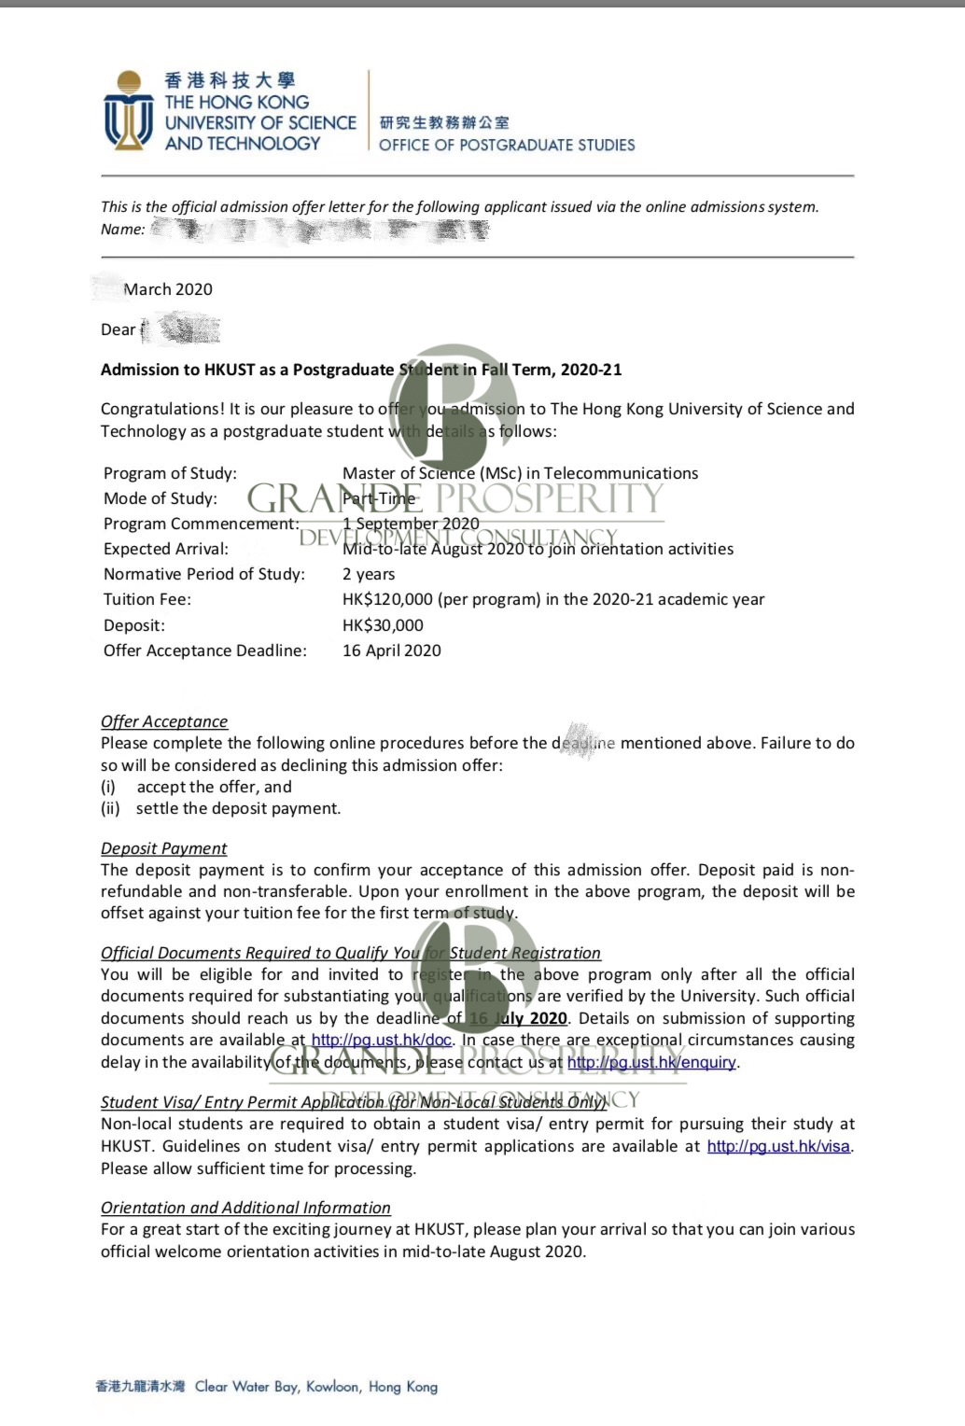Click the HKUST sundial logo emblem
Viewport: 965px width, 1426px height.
[x=129, y=110]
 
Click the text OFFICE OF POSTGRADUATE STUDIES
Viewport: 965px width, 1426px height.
[x=507, y=145]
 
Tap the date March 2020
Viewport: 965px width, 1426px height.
[x=168, y=289]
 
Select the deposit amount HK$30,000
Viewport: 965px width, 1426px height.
[x=383, y=625]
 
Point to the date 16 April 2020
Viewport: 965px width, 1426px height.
[x=392, y=650]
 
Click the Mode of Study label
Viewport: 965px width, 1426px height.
[x=161, y=498]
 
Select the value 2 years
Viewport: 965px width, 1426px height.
[x=369, y=574]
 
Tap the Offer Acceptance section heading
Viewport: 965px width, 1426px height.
[x=164, y=721]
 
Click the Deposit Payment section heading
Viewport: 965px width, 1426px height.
[x=164, y=848]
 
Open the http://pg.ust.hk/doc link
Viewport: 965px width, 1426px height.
[x=381, y=1040]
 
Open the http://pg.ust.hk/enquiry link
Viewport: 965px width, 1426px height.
[x=651, y=1062]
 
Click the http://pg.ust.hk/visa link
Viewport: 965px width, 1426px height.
[x=778, y=1146]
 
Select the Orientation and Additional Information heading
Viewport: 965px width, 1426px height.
[x=245, y=1208]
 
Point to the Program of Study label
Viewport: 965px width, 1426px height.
[x=170, y=473]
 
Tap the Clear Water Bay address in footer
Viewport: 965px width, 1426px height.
[x=315, y=1387]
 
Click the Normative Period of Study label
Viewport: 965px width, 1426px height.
[x=203, y=574]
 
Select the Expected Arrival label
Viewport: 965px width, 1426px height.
[x=165, y=549]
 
